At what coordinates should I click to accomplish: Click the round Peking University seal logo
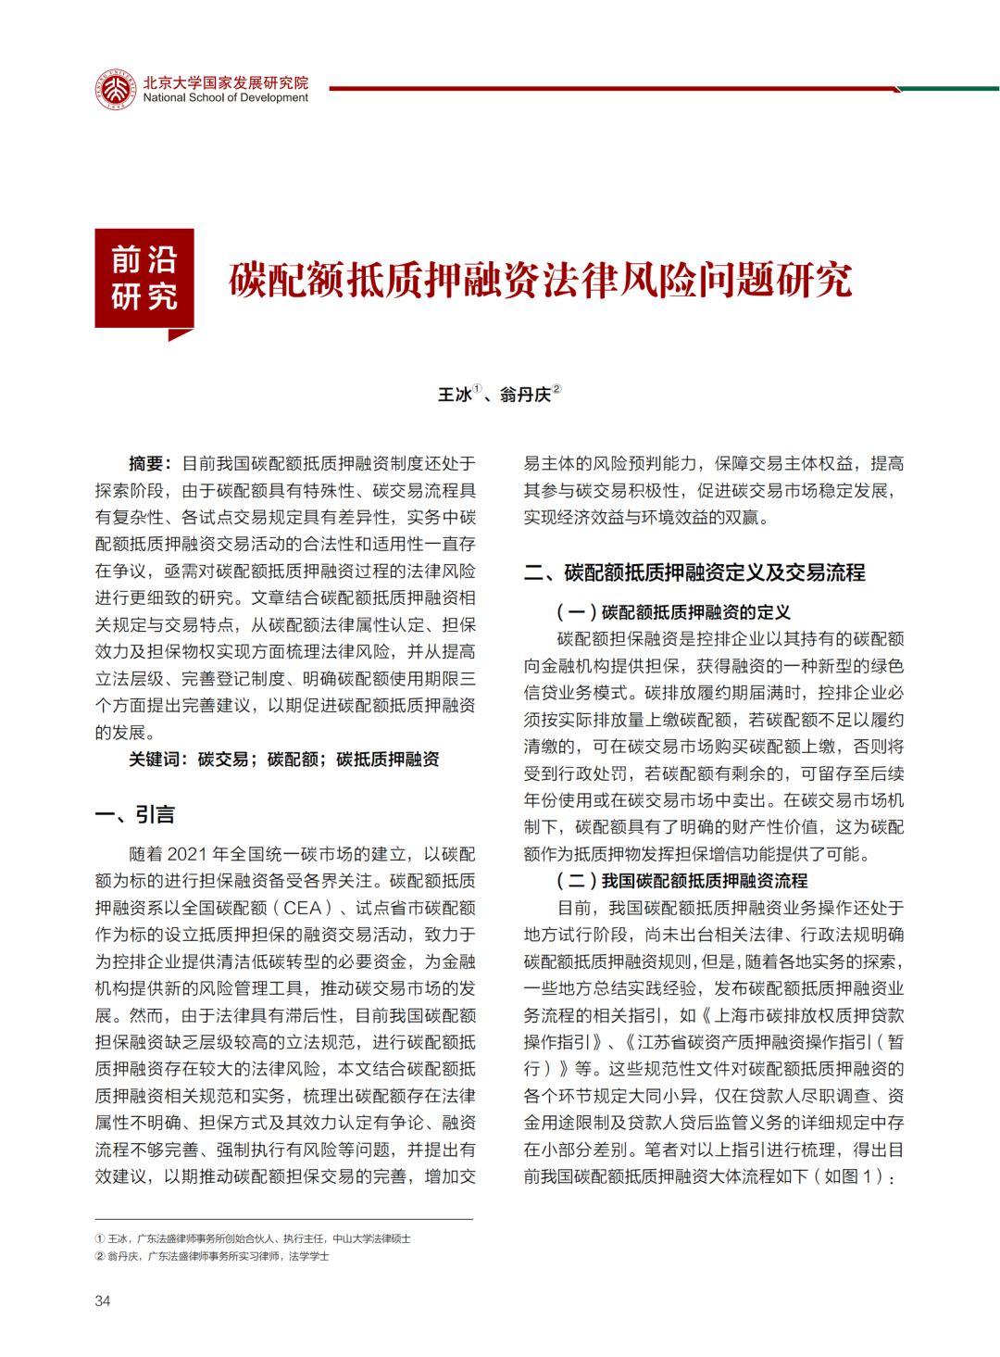click(115, 90)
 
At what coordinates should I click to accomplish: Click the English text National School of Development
click(225, 98)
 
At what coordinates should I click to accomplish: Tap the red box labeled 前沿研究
click(144, 278)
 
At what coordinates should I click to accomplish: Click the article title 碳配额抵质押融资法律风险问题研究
click(540, 280)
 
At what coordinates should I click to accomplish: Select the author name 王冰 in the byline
click(455, 396)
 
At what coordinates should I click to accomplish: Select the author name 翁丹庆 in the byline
click(525, 396)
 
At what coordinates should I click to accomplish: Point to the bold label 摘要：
click(150, 464)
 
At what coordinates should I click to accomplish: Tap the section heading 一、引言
click(135, 815)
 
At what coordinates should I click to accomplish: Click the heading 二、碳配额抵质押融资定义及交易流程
click(694, 572)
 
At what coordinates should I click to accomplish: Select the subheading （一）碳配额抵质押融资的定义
click(673, 612)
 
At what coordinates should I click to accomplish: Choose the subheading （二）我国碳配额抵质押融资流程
click(681, 881)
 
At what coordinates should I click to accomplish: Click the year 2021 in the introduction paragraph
click(188, 854)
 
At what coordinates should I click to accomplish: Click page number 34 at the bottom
click(103, 1301)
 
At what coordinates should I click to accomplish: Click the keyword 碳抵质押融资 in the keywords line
click(388, 760)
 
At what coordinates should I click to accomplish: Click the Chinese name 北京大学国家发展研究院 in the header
click(225, 82)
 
